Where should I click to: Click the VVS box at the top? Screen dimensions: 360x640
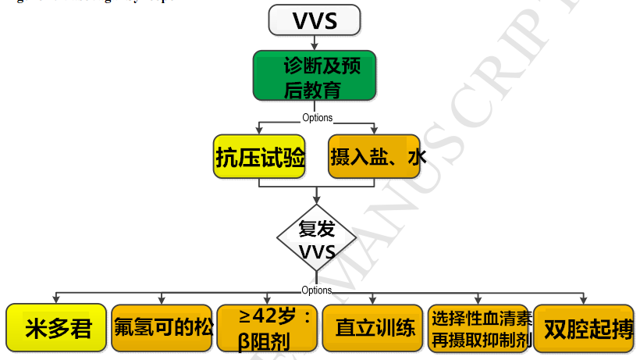315,20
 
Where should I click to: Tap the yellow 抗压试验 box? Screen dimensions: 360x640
260,157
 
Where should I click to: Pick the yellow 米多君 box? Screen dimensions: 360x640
57,327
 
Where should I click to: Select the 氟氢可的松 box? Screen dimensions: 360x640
162,327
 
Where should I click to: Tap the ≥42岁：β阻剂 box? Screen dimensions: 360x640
268,327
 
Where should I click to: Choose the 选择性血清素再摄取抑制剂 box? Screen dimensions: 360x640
480,327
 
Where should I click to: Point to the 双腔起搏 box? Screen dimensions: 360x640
584,327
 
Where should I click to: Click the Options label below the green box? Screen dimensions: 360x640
317,118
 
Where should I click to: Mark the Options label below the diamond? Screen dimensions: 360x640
317,290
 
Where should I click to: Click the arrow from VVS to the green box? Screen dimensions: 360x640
315,43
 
